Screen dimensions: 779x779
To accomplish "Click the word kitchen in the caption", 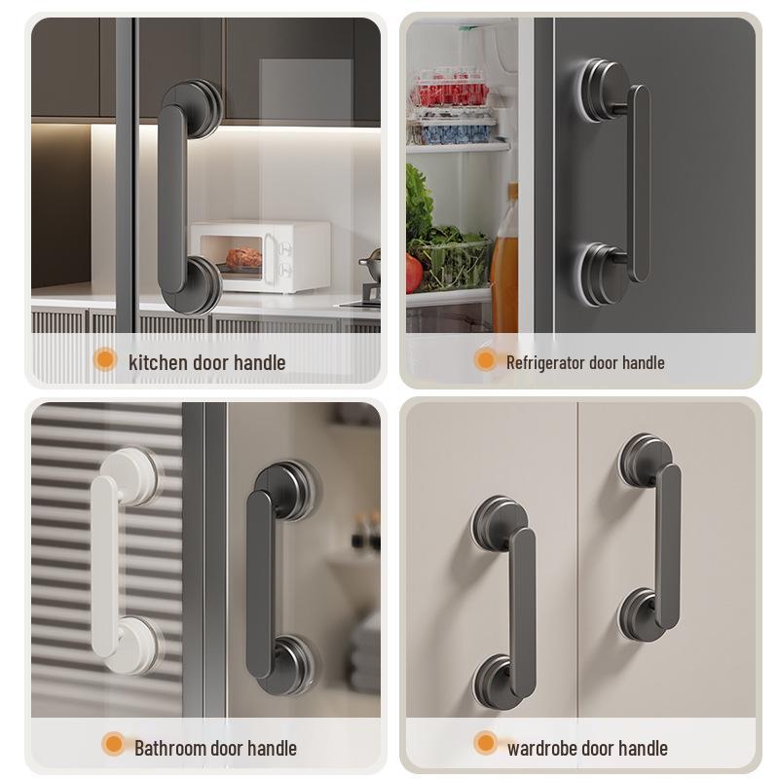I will (159, 362).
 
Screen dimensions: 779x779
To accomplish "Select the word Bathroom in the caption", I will (171, 748).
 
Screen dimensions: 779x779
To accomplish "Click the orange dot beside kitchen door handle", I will (105, 360).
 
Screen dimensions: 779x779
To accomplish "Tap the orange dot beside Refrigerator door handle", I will (484, 360).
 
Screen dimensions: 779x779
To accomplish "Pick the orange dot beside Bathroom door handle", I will (114, 746).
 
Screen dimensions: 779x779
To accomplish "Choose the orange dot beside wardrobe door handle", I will (484, 745).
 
